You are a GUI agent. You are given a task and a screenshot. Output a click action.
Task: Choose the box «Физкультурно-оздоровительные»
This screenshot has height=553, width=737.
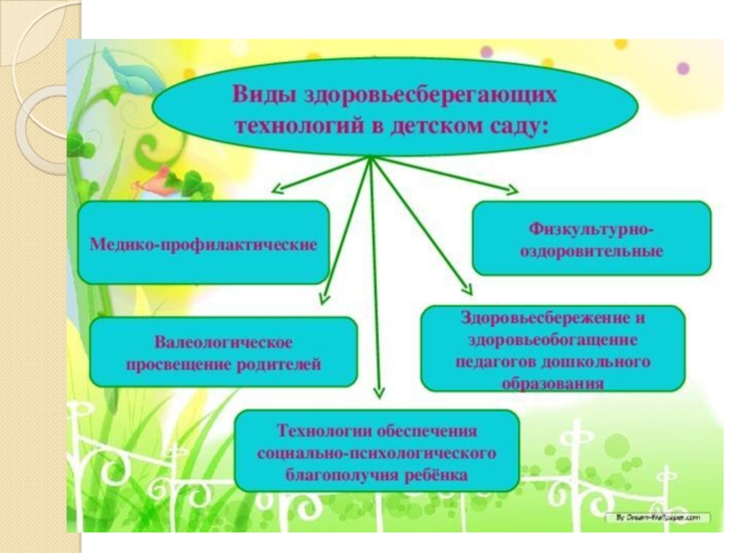(591, 239)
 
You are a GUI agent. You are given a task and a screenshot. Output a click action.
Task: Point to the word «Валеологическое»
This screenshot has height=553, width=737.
(223, 343)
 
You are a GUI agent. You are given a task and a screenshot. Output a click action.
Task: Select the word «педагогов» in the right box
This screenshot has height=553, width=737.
(494, 361)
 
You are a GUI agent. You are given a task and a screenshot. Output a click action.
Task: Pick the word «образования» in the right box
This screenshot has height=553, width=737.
(553, 382)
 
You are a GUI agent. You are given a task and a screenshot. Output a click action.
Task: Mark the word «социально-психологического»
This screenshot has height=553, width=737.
(377, 453)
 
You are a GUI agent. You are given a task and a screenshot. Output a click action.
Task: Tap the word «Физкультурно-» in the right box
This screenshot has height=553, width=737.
(591, 228)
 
